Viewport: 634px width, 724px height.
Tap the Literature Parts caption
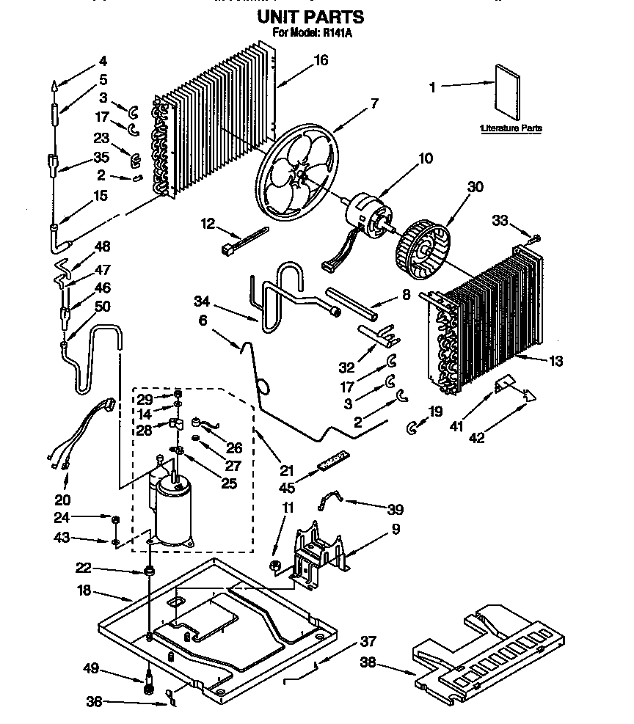pos(511,128)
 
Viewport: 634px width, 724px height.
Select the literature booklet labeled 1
pos(507,89)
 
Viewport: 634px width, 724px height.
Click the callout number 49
pos(91,668)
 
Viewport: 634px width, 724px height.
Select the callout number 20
pos(62,500)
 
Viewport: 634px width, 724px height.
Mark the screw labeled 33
pos(536,238)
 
